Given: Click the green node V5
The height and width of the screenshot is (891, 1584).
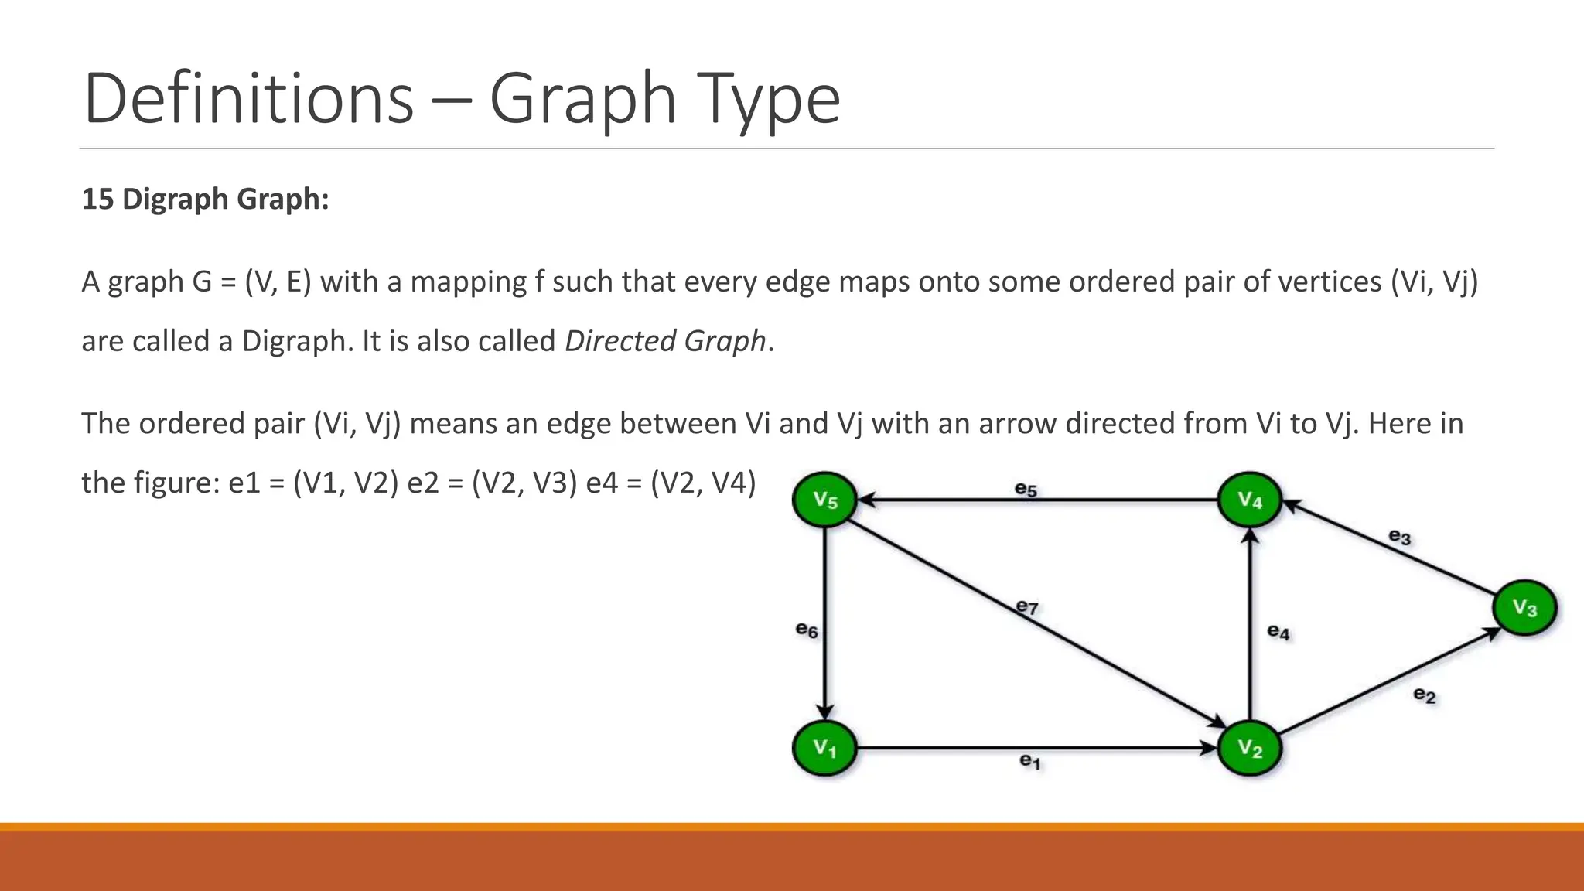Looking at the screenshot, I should (825, 500).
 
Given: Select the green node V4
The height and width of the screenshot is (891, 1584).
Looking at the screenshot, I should (1250, 500).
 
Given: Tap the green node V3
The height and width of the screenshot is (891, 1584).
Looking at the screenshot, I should (1524, 607).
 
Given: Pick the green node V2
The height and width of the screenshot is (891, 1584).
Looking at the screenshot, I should (1250, 748).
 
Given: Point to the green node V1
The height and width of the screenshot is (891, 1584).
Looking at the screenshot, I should (825, 748).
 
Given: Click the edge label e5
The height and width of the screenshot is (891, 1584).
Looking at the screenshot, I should (1026, 489).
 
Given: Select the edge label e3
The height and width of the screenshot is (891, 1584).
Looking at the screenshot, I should (1400, 536).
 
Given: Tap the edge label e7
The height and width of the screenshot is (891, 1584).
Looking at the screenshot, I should (1027, 607).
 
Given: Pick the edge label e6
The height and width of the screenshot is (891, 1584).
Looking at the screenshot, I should (807, 630).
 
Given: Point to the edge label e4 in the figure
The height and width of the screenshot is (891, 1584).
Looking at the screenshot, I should (1278, 632).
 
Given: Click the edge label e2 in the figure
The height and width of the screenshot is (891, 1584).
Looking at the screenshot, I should (1425, 695).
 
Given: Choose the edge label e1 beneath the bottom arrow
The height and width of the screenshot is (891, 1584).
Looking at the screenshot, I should (1030, 762).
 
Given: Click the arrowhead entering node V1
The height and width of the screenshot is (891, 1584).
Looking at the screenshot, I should (825, 712).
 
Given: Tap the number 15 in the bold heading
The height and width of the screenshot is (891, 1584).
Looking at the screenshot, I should (97, 199).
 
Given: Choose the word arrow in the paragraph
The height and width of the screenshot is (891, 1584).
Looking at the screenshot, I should (1017, 424).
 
